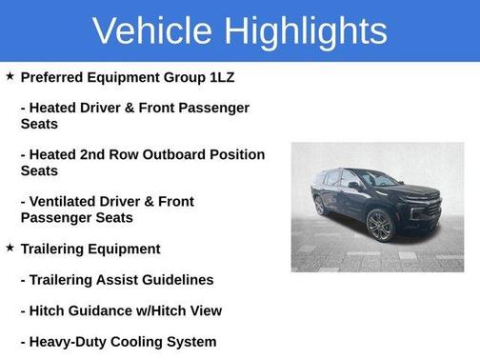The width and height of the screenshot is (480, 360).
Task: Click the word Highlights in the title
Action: tap(308, 30)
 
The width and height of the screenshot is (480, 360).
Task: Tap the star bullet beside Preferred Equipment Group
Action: tap(9, 76)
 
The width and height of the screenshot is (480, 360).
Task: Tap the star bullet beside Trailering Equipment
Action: tap(9, 248)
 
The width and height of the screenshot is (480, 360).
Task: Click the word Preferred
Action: tap(54, 77)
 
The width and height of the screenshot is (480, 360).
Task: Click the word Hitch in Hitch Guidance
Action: tap(47, 310)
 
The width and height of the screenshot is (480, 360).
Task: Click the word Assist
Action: tap(112, 279)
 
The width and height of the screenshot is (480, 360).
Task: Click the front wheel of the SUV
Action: tap(378, 227)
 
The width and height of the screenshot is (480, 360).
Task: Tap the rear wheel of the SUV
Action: tap(319, 206)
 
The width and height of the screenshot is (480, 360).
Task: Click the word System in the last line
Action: tap(192, 341)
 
